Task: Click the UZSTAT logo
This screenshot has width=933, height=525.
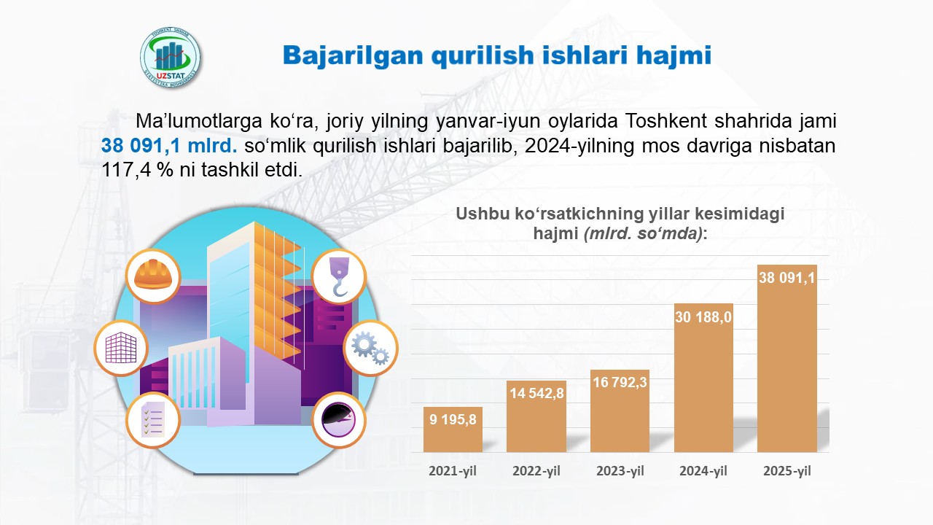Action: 170,58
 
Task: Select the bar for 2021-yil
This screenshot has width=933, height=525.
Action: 453,429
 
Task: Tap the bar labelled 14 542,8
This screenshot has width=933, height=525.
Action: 536,416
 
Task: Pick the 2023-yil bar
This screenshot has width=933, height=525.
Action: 620,411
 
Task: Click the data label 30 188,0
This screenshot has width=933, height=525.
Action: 703,317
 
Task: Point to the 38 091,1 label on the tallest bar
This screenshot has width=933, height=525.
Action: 786,278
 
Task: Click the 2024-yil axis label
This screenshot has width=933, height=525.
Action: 703,471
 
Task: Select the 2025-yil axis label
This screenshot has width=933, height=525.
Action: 787,471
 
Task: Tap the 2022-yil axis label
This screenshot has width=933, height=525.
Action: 536,471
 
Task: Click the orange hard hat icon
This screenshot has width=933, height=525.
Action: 153,276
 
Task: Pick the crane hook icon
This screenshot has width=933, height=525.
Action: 339,276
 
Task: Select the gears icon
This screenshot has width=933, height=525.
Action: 370,348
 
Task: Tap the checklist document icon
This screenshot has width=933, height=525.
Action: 153,420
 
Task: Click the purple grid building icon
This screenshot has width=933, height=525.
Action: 121,348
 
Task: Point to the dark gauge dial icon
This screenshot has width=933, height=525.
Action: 339,420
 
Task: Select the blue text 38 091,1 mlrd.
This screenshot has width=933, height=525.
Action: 169,146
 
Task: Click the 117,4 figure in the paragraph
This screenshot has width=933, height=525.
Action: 127,170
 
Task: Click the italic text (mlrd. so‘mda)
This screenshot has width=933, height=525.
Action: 643,233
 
